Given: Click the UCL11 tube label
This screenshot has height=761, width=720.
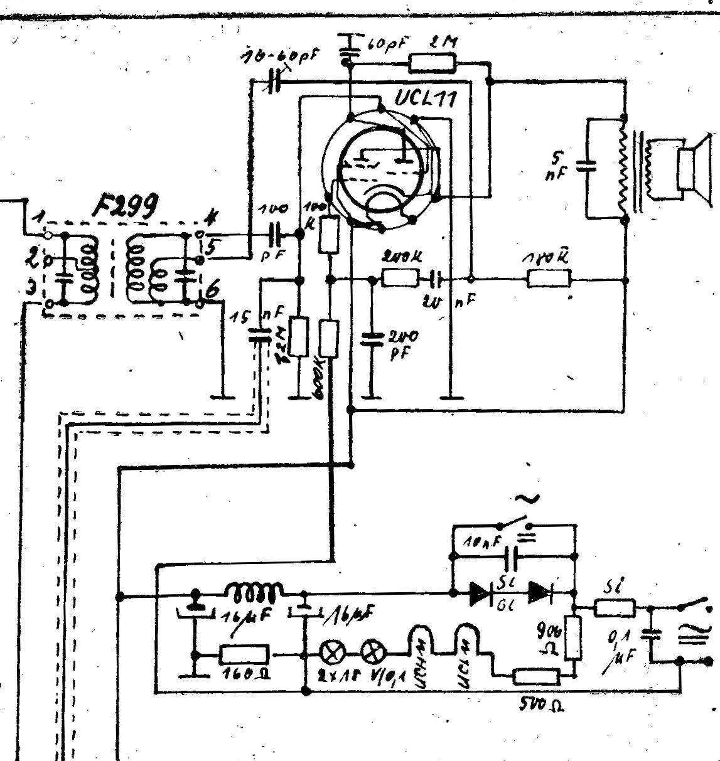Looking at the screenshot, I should coord(426,98).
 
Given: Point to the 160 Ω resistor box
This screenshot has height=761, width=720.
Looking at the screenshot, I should coord(244,655).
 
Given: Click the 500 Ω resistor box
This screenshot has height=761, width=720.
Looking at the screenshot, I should coord(536,676).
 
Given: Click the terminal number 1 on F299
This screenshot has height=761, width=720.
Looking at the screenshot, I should coord(39,218).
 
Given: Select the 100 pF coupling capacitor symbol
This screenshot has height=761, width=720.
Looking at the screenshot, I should coord(277,233).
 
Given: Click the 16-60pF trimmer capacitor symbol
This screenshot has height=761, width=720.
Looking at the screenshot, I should coord(274,82).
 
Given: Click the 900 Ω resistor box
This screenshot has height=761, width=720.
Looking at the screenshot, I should coord(572,638).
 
